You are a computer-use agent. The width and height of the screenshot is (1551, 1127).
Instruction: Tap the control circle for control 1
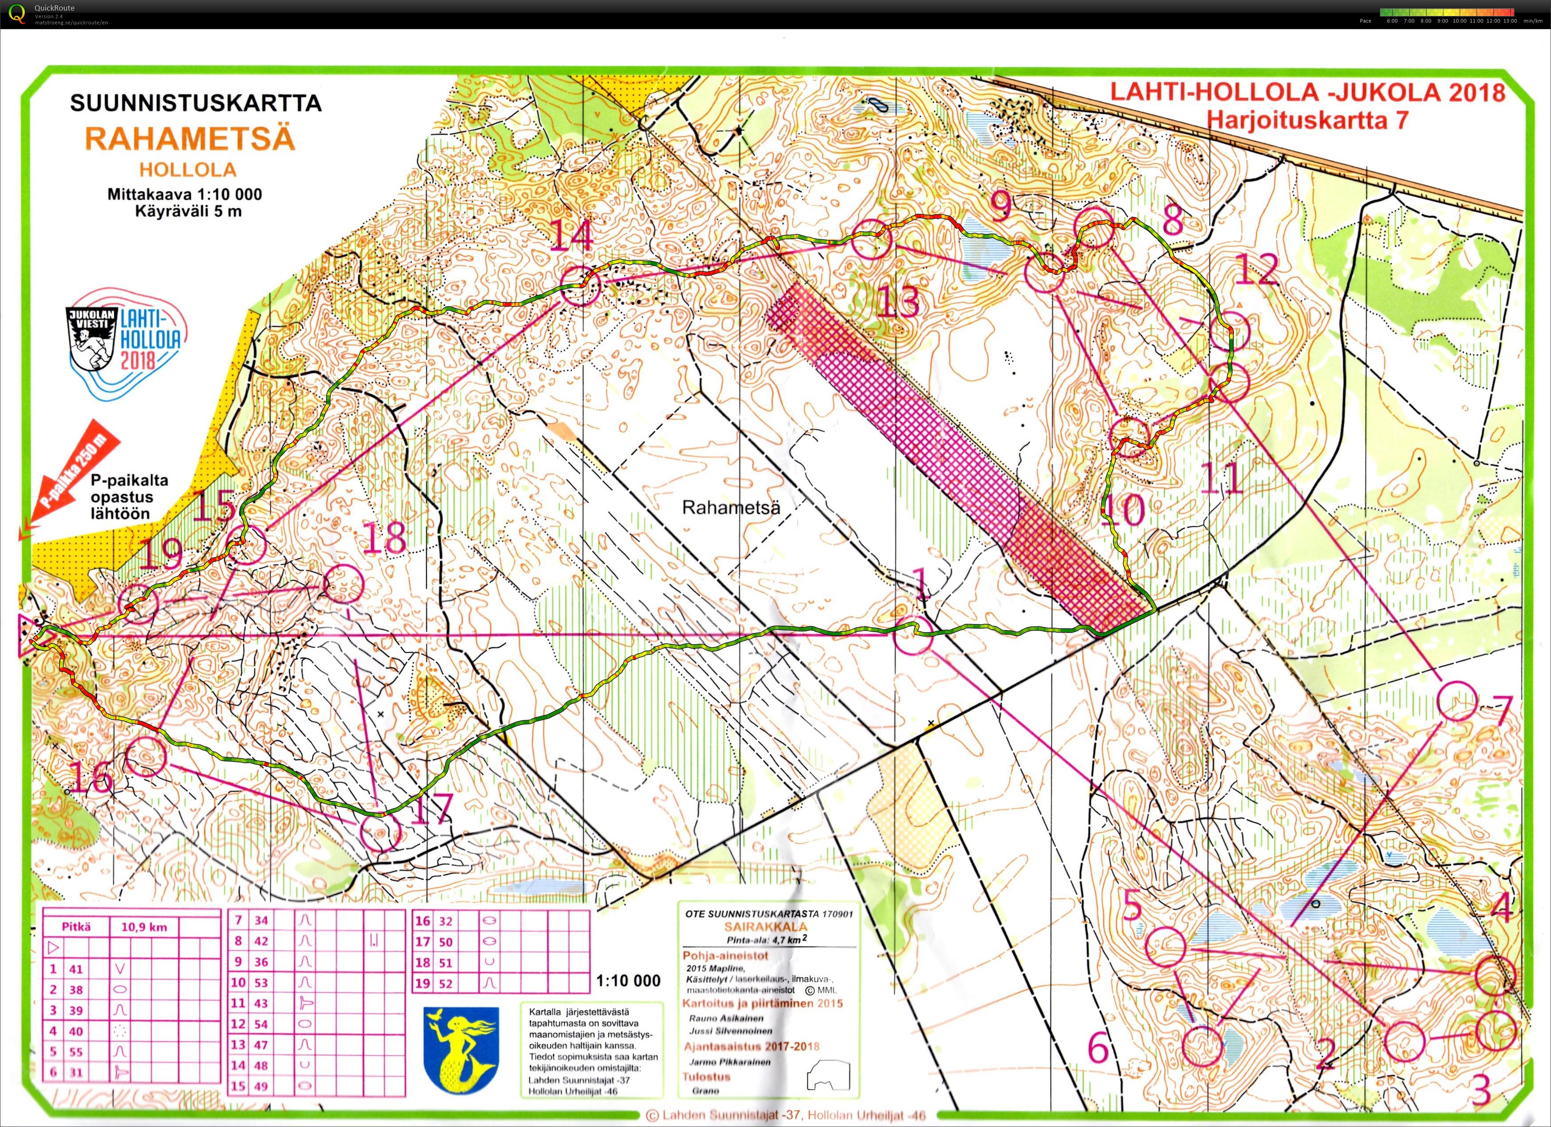(913, 635)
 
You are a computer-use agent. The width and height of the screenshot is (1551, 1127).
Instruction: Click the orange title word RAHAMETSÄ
(190, 139)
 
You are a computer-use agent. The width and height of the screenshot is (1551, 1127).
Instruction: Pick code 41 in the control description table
(75, 968)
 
